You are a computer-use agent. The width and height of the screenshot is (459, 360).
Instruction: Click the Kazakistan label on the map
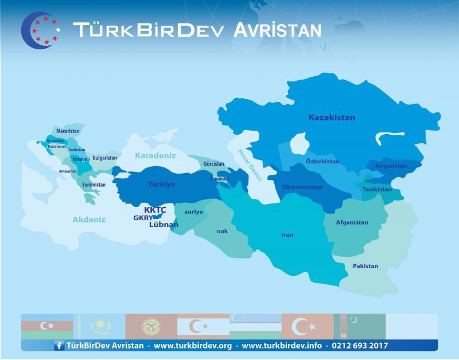click(332, 118)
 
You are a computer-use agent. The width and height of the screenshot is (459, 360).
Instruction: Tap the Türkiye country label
click(161, 185)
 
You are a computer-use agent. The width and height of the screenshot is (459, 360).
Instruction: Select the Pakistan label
click(365, 266)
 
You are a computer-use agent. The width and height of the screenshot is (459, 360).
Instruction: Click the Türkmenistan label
click(302, 187)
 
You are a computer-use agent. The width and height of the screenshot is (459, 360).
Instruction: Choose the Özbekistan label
click(322, 162)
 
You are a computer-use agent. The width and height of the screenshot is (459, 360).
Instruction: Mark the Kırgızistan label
click(391, 166)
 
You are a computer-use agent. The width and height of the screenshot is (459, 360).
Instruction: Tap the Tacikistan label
click(377, 189)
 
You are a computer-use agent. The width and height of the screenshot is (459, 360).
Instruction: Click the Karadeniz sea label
click(155, 155)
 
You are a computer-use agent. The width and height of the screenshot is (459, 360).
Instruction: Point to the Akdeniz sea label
click(89, 220)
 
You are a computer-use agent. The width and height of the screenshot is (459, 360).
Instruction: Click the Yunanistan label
click(94, 185)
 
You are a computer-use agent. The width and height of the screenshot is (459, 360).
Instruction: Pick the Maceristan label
click(67, 131)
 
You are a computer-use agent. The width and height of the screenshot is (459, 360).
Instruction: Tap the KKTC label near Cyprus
click(155, 210)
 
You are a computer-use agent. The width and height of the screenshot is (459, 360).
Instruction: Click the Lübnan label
click(164, 225)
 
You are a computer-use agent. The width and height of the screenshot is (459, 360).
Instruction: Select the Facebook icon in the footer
click(59, 346)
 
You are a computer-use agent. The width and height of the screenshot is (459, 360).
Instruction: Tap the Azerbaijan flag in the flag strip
click(47, 326)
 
